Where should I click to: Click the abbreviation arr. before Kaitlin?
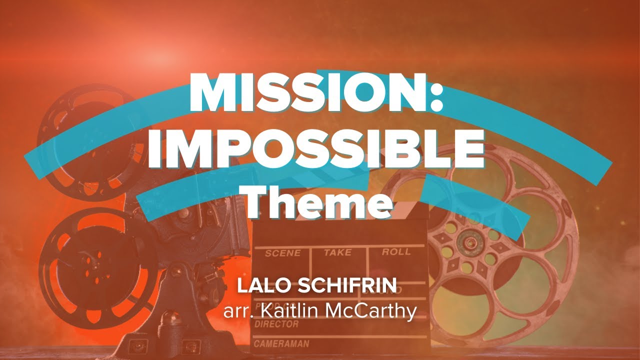point(237,310)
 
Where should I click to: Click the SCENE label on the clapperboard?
point(282,253)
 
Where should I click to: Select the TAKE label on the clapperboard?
point(337,252)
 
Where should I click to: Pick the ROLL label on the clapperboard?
point(396,252)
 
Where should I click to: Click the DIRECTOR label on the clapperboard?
point(276,324)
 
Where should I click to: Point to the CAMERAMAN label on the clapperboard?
point(281,344)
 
